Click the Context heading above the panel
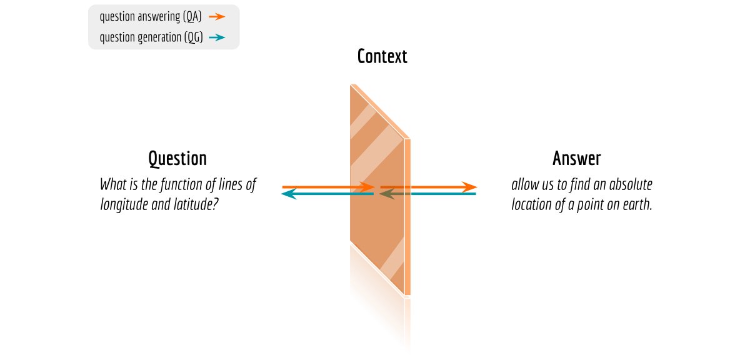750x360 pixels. tap(382, 57)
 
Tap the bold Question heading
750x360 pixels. tap(177, 159)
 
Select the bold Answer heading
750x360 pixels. tap(576, 159)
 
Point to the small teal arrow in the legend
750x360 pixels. tap(217, 38)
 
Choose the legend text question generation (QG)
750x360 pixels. tap(150, 38)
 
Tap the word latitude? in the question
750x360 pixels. tap(196, 204)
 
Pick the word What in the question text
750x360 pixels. tap(112, 185)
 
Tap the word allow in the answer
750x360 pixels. tap(524, 185)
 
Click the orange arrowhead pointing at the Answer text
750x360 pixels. tap(470, 187)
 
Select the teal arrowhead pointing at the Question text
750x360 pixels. tap(289, 194)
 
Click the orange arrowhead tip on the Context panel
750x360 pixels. tap(369, 187)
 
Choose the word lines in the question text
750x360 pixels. tap(227, 185)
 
